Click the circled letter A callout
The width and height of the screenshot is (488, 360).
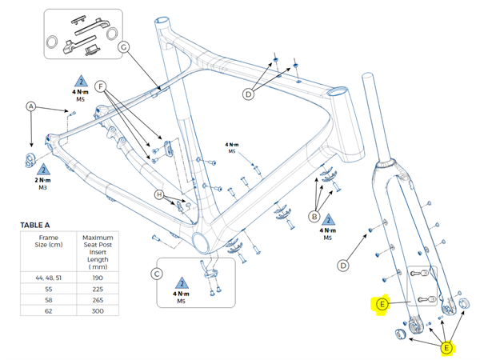(x=31, y=106)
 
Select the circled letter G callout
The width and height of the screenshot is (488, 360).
(x=124, y=47)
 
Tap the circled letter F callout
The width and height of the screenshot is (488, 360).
(x=100, y=84)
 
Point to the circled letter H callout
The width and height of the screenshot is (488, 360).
(x=159, y=195)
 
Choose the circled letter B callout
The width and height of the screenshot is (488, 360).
(x=315, y=215)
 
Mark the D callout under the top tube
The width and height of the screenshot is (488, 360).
(x=248, y=94)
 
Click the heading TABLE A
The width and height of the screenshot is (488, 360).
(x=40, y=226)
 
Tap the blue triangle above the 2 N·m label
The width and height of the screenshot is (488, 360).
(x=44, y=169)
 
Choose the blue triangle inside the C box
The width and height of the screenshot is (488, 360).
(x=181, y=285)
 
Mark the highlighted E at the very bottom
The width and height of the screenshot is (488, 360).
(x=446, y=347)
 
